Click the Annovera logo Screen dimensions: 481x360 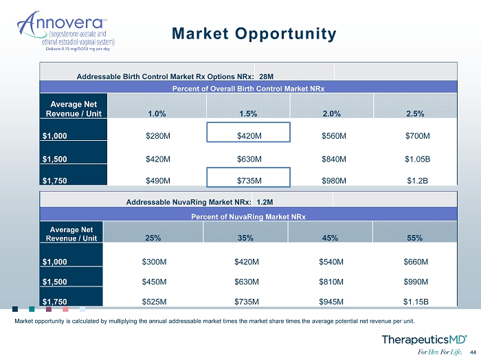(x=66, y=31)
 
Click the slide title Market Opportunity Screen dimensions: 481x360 (x=254, y=34)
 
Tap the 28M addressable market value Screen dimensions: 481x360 (x=267, y=76)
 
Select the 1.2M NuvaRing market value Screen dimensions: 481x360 (x=265, y=202)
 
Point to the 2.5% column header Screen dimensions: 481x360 (x=415, y=114)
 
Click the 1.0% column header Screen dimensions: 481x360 (x=157, y=114)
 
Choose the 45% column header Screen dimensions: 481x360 (x=330, y=238)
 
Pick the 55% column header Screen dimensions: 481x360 (x=414, y=238)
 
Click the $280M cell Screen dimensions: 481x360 (x=158, y=136)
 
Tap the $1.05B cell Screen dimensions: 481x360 (x=418, y=159)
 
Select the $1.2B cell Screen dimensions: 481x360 (x=418, y=181)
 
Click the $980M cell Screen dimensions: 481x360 (x=334, y=181)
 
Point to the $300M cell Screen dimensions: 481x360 (x=155, y=262)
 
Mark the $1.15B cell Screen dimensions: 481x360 (x=416, y=302)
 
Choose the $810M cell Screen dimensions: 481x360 (x=331, y=282)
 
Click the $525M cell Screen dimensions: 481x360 (x=155, y=302)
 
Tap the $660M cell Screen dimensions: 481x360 (x=416, y=262)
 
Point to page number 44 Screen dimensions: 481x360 (x=473, y=352)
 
